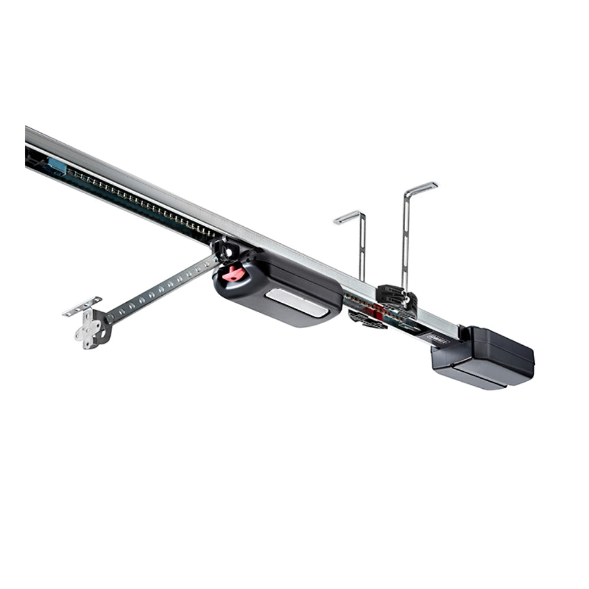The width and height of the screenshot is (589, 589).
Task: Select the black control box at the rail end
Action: pos(484,358)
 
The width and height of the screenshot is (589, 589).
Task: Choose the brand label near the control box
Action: pos(438,341)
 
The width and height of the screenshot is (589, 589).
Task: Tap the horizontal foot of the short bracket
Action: pos(348,217)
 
